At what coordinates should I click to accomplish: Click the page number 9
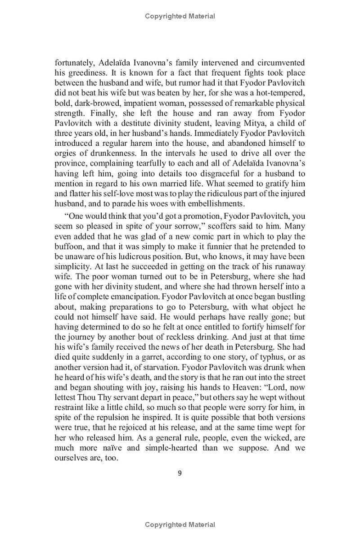[180, 472]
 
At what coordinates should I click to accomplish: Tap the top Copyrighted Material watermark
[180, 16]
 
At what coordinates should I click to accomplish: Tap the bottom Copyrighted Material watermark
[180, 524]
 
